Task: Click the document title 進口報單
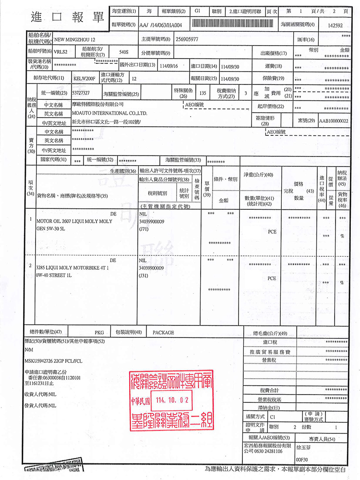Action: click(68, 17)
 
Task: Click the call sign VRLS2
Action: click(60, 51)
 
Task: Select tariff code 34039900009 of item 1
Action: click(151, 222)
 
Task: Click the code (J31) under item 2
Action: click(143, 276)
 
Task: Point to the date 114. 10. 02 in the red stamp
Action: click(171, 399)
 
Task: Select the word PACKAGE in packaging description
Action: click(163, 332)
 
